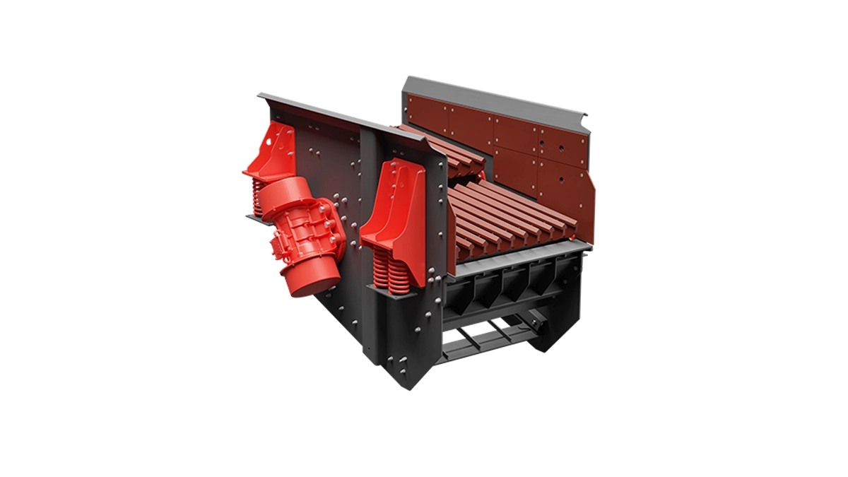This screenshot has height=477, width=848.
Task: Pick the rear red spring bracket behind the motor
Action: [x=272, y=152]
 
